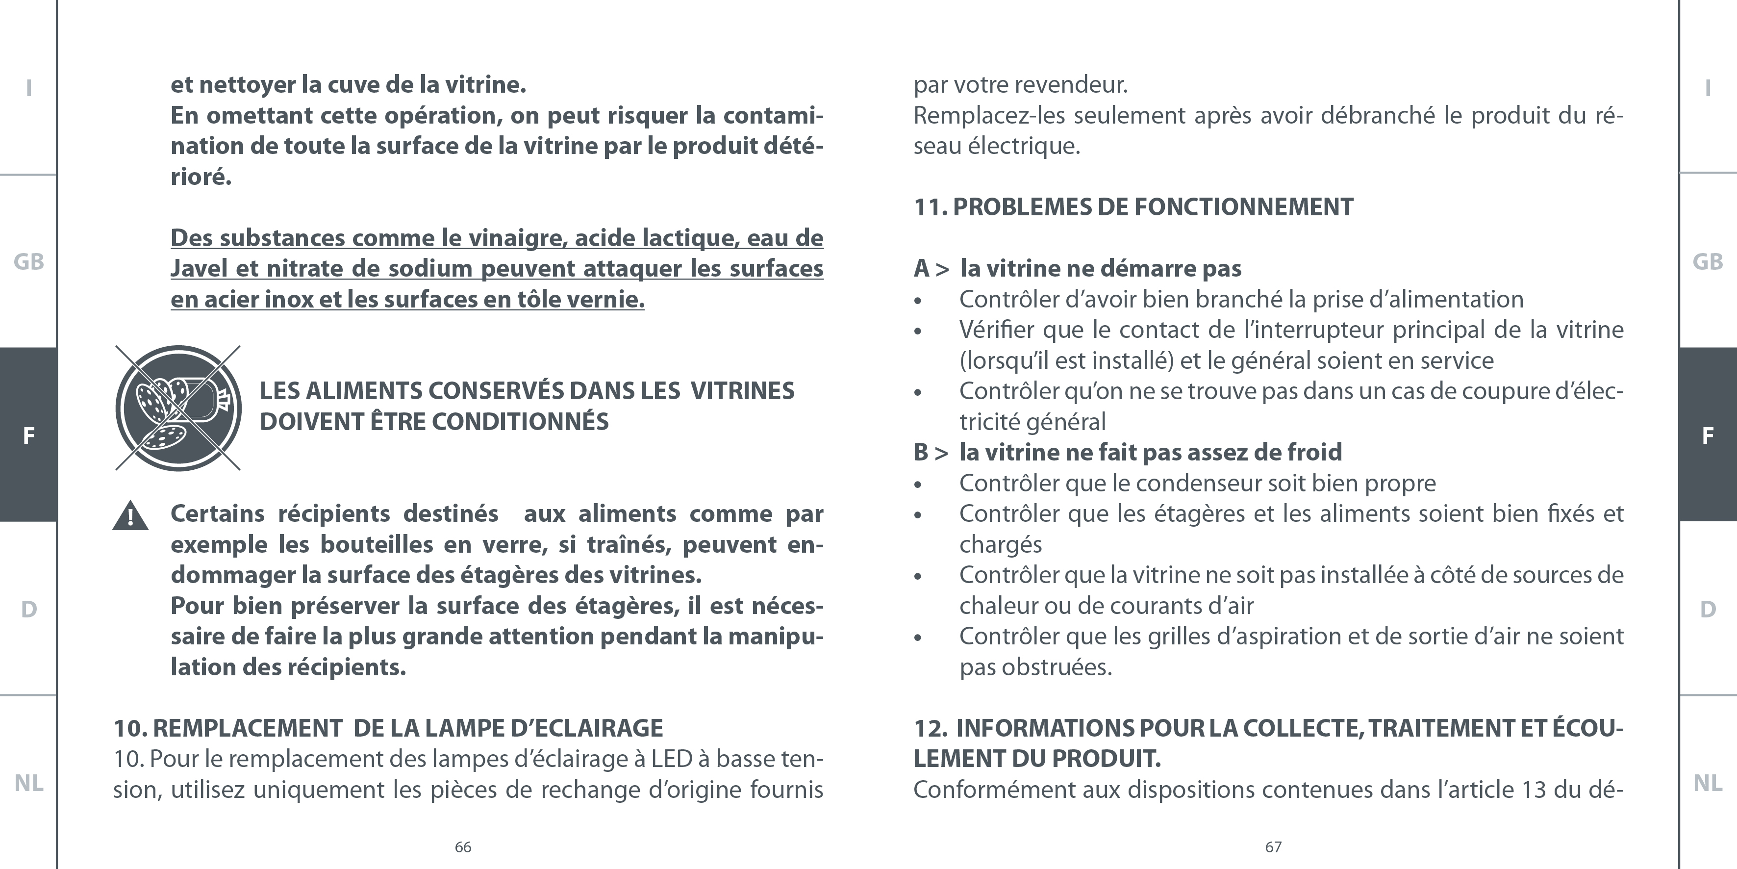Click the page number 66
pyautogui.click(x=463, y=847)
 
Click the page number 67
pyautogui.click(x=1273, y=847)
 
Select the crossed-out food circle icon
pyautogui.click(x=178, y=408)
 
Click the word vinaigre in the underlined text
pyautogui.click(x=518, y=238)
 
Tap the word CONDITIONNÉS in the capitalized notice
pyautogui.click(x=520, y=422)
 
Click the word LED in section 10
pyautogui.click(x=671, y=759)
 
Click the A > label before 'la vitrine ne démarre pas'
pyautogui.click(x=931, y=269)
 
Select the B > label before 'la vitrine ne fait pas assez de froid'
pyautogui.click(x=931, y=452)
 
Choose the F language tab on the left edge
pyautogui.click(x=28, y=435)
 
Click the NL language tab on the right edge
pyautogui.click(x=1707, y=783)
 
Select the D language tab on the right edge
pyautogui.click(x=1707, y=609)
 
